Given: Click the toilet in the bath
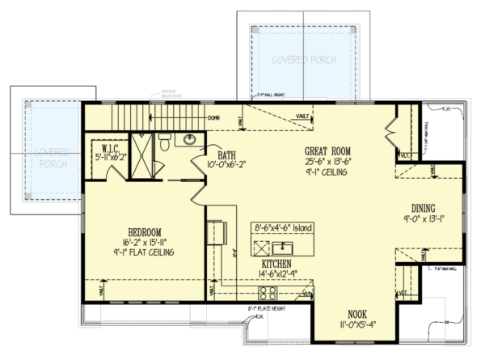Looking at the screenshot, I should coord(164,142).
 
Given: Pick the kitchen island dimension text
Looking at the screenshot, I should coord(282,228).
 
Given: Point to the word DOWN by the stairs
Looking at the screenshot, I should coord(215,118).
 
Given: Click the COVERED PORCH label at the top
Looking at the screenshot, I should coord(304,60).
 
